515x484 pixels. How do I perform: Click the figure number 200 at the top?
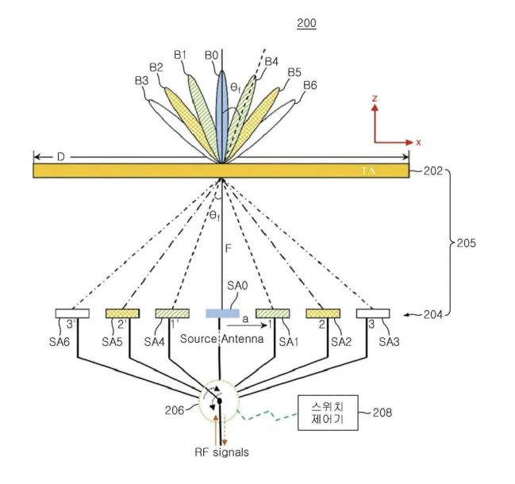click(306, 23)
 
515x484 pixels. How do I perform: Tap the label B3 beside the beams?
click(142, 80)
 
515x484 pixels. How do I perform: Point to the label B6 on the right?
click(309, 85)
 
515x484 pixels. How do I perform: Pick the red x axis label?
click(417, 142)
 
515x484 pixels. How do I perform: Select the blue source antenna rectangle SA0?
click(221, 313)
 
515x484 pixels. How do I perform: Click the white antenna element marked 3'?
click(72, 313)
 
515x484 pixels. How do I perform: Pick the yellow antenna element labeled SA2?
click(323, 313)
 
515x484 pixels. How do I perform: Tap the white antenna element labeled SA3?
click(373, 313)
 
